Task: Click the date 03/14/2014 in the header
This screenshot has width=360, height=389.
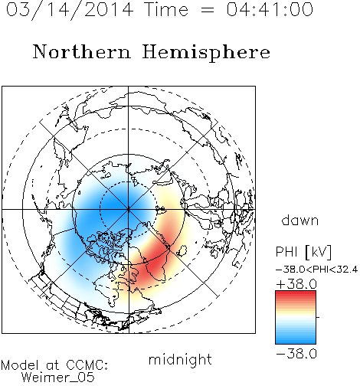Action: [x=70, y=10]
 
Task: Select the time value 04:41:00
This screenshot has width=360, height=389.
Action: [x=270, y=9]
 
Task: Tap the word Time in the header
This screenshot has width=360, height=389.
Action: [x=166, y=9]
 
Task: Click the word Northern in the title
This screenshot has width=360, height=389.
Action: [x=82, y=51]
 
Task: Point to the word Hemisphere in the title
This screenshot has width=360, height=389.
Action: [x=206, y=53]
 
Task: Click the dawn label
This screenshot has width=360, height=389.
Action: [x=300, y=220]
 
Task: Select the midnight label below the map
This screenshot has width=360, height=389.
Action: [x=180, y=359]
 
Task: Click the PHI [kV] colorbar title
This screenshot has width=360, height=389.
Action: [x=303, y=252]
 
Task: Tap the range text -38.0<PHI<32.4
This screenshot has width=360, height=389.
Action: [x=316, y=270]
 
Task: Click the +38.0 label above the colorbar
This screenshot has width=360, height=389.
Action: [x=296, y=284]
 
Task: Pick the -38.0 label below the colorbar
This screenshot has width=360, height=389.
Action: [x=296, y=354]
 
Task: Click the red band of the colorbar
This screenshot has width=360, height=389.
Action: [x=296, y=296]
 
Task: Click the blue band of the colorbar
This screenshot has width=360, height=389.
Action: [x=296, y=338]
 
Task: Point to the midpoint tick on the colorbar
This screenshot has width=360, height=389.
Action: [x=318, y=317]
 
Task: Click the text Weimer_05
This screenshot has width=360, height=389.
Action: [x=58, y=378]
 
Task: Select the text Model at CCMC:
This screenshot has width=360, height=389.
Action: [x=54, y=365]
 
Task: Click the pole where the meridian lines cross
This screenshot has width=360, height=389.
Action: [x=129, y=209]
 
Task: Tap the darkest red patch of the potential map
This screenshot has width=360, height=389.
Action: [x=154, y=264]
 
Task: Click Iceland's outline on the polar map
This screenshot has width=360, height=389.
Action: [x=182, y=250]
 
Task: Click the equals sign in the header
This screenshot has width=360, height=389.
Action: [x=208, y=10]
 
